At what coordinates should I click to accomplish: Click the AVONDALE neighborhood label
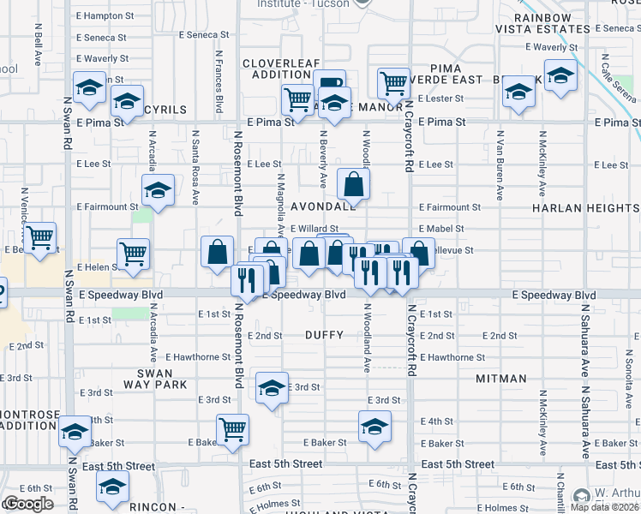pos(323,207)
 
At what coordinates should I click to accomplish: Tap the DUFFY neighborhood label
pos(325,336)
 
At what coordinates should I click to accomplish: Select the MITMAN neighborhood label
pos(501,378)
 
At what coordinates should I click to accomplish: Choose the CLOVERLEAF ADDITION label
pos(280,69)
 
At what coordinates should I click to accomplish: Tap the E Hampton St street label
pos(105,15)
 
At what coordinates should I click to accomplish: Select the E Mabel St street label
pos(441,229)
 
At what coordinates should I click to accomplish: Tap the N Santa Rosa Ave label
pos(195,161)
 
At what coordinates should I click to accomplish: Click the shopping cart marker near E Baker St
pos(232,428)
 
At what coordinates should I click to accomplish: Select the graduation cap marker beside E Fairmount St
pos(158,190)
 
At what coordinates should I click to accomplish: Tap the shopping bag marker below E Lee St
pos(354,183)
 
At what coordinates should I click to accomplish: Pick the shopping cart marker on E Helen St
pos(133,254)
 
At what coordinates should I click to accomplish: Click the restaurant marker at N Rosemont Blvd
pos(247,280)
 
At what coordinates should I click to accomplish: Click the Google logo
pos(28,504)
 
